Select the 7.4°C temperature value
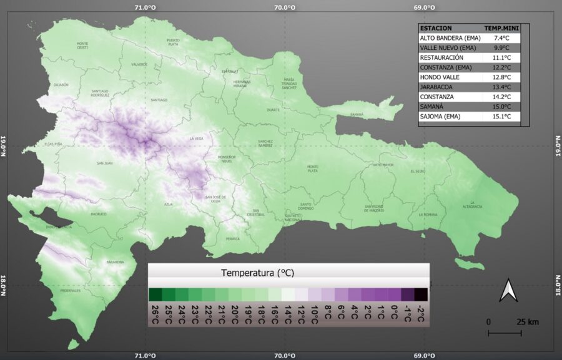coord(502,38)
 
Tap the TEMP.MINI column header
coord(501,28)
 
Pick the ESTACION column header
coord(436,28)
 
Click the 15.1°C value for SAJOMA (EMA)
coord(502,117)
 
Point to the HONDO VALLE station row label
coord(440,77)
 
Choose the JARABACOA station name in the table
coord(436,87)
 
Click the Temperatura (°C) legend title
coord(257,273)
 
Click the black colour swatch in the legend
coord(420,294)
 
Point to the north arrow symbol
coord(509,290)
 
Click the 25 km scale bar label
coord(527,322)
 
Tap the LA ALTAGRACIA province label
coord(473,205)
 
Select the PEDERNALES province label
coord(71,291)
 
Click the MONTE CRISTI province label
coord(82,46)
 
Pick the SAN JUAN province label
coord(104,163)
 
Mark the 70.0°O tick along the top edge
coord(285,7)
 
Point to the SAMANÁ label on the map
coord(357,115)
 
